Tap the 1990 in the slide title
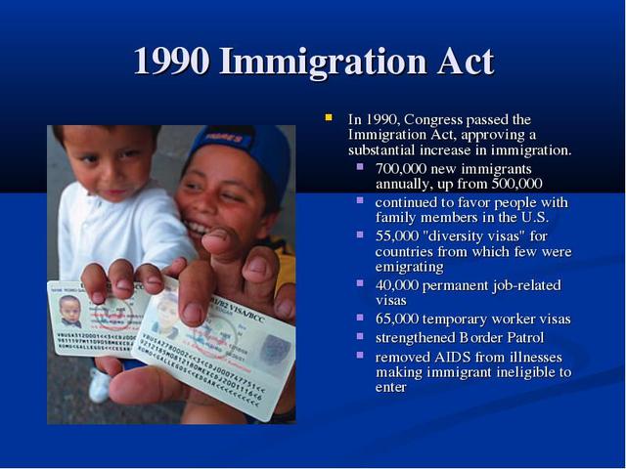point(171,62)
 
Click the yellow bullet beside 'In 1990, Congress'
point(330,118)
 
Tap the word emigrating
point(409,267)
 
